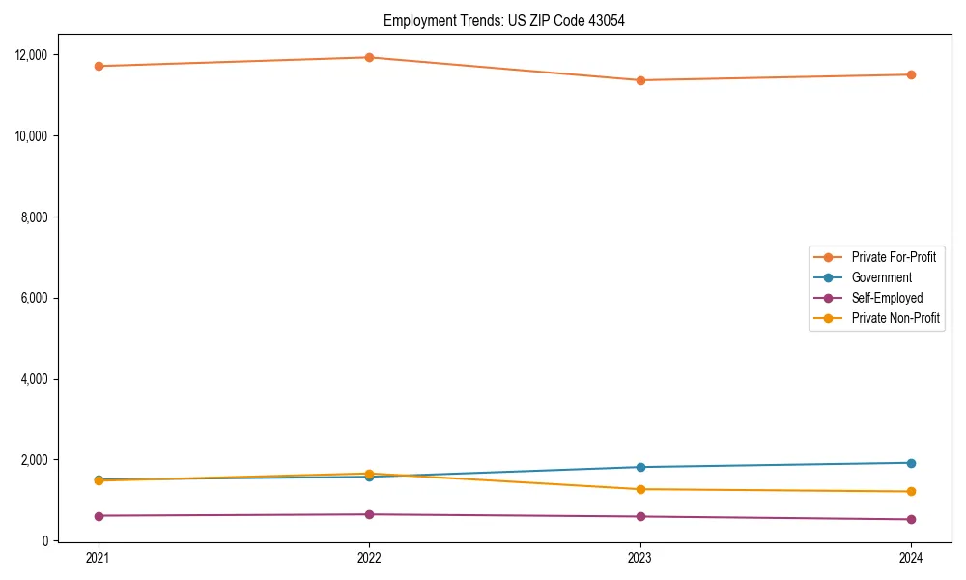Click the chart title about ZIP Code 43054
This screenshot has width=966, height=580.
pos(503,20)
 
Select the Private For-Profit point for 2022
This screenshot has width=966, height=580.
pos(369,57)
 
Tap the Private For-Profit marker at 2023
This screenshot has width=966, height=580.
pos(640,80)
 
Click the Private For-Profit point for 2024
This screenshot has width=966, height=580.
pos(911,74)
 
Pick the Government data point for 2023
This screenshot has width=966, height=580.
pos(640,467)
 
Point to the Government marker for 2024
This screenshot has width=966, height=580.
pos(911,463)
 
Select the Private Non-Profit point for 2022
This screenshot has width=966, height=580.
pos(369,474)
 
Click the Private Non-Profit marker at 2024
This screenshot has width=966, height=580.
pos(911,491)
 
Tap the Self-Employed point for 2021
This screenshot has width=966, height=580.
pos(99,516)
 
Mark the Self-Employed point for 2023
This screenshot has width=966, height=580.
pos(640,516)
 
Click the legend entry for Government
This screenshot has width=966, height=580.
pos(881,277)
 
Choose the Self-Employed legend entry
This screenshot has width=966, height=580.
pos(887,298)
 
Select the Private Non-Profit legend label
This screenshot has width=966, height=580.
pos(895,318)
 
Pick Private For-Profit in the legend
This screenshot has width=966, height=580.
pos(894,257)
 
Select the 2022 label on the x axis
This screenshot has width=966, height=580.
pos(369,557)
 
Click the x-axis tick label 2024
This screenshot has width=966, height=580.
pos(911,557)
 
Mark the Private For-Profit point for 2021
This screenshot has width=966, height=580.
pos(99,66)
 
